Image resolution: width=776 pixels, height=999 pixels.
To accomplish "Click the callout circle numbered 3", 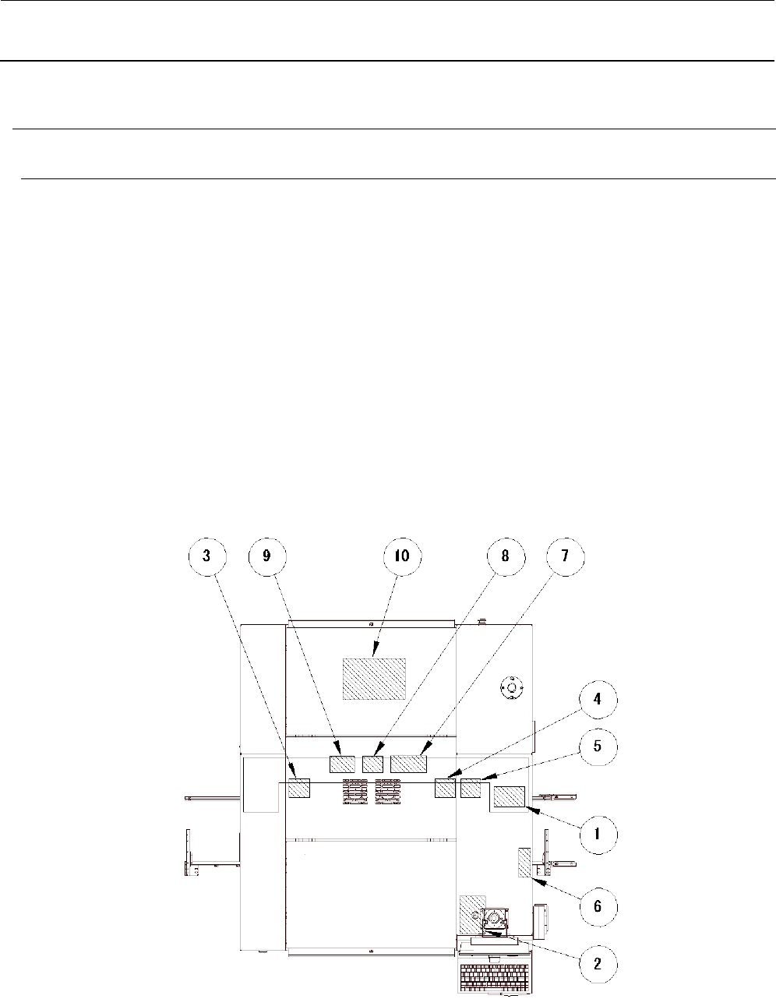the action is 207,556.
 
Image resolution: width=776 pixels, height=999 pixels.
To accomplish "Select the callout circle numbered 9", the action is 267,556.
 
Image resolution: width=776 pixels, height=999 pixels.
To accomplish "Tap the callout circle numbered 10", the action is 403,556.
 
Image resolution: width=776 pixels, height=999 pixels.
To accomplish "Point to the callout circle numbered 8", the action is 506,556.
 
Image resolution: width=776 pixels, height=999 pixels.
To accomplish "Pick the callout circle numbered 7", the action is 566,556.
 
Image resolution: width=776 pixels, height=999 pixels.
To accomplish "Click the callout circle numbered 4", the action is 598,700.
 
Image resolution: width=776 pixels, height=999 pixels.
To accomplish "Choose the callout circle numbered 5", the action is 598,747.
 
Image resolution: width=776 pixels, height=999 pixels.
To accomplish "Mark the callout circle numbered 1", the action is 598,835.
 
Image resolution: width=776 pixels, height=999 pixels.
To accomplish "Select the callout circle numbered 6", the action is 598,906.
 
